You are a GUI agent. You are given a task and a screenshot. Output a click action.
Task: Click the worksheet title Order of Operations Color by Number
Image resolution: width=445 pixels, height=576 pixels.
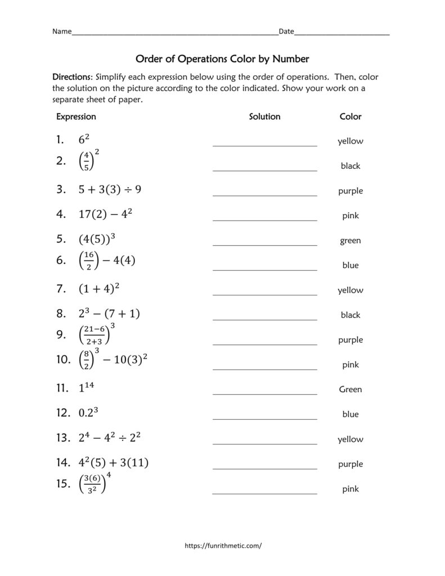pos(222,58)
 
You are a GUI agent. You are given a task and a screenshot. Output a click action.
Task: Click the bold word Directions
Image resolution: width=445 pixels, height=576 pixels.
pos(73,76)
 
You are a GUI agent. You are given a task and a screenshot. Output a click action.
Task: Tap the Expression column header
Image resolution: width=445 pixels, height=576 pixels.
pos(76,116)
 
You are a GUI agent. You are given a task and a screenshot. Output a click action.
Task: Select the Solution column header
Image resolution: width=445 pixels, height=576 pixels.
pos(264,116)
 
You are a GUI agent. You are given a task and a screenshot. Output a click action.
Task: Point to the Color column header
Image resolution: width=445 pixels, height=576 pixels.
pos(350,116)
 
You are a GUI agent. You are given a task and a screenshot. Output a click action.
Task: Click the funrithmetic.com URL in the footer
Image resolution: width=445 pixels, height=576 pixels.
pos(223,545)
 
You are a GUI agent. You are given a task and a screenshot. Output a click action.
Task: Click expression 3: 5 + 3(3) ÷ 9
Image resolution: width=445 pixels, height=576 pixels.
pos(110,190)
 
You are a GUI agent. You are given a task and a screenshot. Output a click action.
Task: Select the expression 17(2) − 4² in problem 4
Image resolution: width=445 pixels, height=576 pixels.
pos(106,214)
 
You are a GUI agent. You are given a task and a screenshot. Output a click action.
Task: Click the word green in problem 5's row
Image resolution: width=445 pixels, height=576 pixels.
pos(350,241)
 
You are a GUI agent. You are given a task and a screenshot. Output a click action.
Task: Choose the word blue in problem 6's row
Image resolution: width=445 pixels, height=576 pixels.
pos(350,265)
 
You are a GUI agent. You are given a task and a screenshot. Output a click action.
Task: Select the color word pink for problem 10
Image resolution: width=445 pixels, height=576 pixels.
pos(350,365)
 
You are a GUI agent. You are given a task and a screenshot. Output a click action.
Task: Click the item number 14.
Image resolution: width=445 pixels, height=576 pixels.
pos(62,463)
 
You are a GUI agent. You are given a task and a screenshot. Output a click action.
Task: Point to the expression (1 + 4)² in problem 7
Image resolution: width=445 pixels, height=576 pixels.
pos(99,289)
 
